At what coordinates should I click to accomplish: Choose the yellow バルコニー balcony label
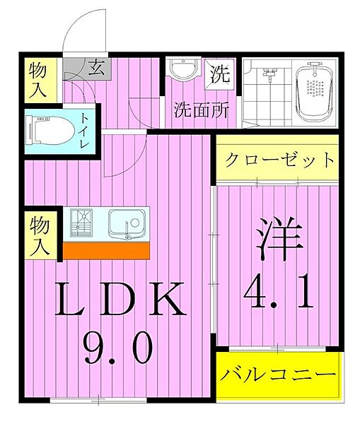(277, 374)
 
